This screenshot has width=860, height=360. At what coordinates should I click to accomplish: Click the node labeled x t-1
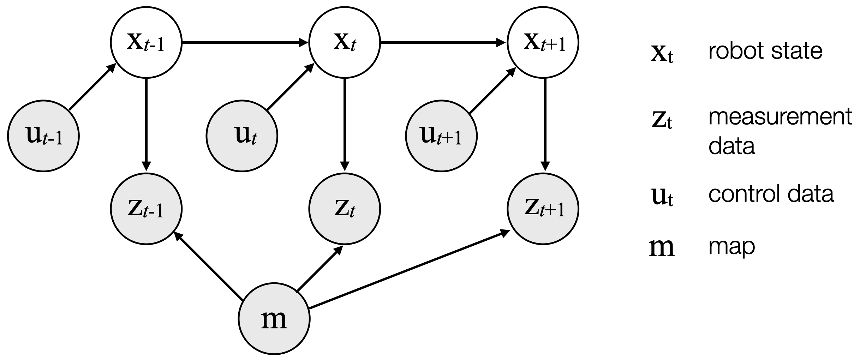coord(146,43)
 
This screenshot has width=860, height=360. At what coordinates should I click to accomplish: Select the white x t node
coord(345,43)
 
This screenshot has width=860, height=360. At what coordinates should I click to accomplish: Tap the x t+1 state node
coord(543,43)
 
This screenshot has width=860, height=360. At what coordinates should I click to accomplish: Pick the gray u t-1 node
coord(43,136)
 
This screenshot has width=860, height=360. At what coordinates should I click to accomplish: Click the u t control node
coord(242,136)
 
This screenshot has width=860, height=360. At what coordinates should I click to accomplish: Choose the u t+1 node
coord(441,136)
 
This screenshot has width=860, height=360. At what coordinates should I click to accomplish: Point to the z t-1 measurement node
coord(146,209)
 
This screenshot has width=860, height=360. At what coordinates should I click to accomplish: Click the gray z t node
coord(345,209)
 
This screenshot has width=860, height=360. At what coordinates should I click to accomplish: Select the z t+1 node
coord(543,209)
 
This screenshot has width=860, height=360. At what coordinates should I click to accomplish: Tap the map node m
coord(274,318)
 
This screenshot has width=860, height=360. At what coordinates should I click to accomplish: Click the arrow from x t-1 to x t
coord(245,43)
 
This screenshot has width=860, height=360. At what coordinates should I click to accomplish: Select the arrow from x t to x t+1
coord(443,43)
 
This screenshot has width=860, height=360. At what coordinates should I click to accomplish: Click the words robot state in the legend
coord(765,51)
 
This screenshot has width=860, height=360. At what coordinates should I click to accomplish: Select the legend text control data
coord(771,194)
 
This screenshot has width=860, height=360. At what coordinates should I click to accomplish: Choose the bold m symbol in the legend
coord(662,247)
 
